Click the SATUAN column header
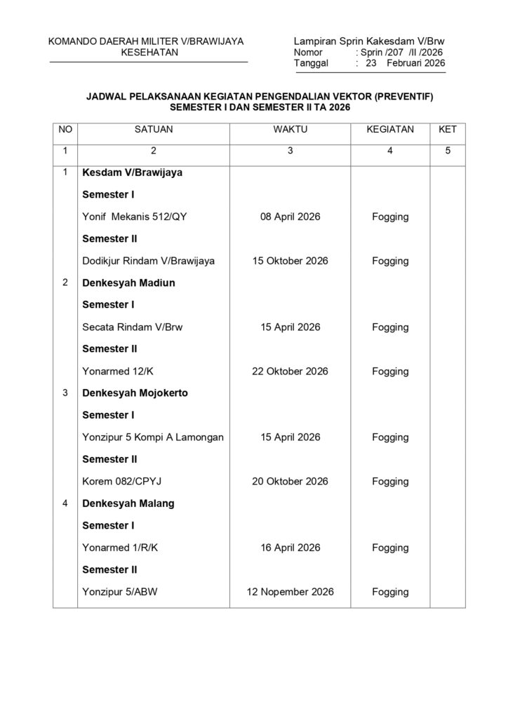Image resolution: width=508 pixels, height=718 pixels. click(x=154, y=130)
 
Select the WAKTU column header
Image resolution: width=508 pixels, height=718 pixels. click(x=290, y=130)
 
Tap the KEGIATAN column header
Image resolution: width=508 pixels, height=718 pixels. click(x=390, y=130)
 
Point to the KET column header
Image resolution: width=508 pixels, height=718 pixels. click(x=448, y=130)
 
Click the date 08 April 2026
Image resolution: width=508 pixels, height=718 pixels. click(x=290, y=217)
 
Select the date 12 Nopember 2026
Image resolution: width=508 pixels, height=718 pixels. click(x=290, y=592)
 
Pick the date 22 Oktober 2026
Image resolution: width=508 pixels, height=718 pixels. click(x=290, y=371)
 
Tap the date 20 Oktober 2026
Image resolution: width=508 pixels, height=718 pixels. click(x=290, y=482)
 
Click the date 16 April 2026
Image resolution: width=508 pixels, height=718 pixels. click(x=290, y=548)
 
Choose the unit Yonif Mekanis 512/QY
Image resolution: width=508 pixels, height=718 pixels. click(x=134, y=217)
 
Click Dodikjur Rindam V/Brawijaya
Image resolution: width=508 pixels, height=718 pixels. click(x=148, y=261)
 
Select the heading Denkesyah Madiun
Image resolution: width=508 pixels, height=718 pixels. click(x=128, y=283)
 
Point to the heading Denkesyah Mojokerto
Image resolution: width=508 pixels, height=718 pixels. click(x=135, y=393)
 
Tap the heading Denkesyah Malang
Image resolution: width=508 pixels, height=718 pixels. click(x=128, y=503)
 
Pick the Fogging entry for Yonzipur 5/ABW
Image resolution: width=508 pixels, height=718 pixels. click(x=390, y=592)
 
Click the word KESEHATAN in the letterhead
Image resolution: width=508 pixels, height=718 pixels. click(x=149, y=53)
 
